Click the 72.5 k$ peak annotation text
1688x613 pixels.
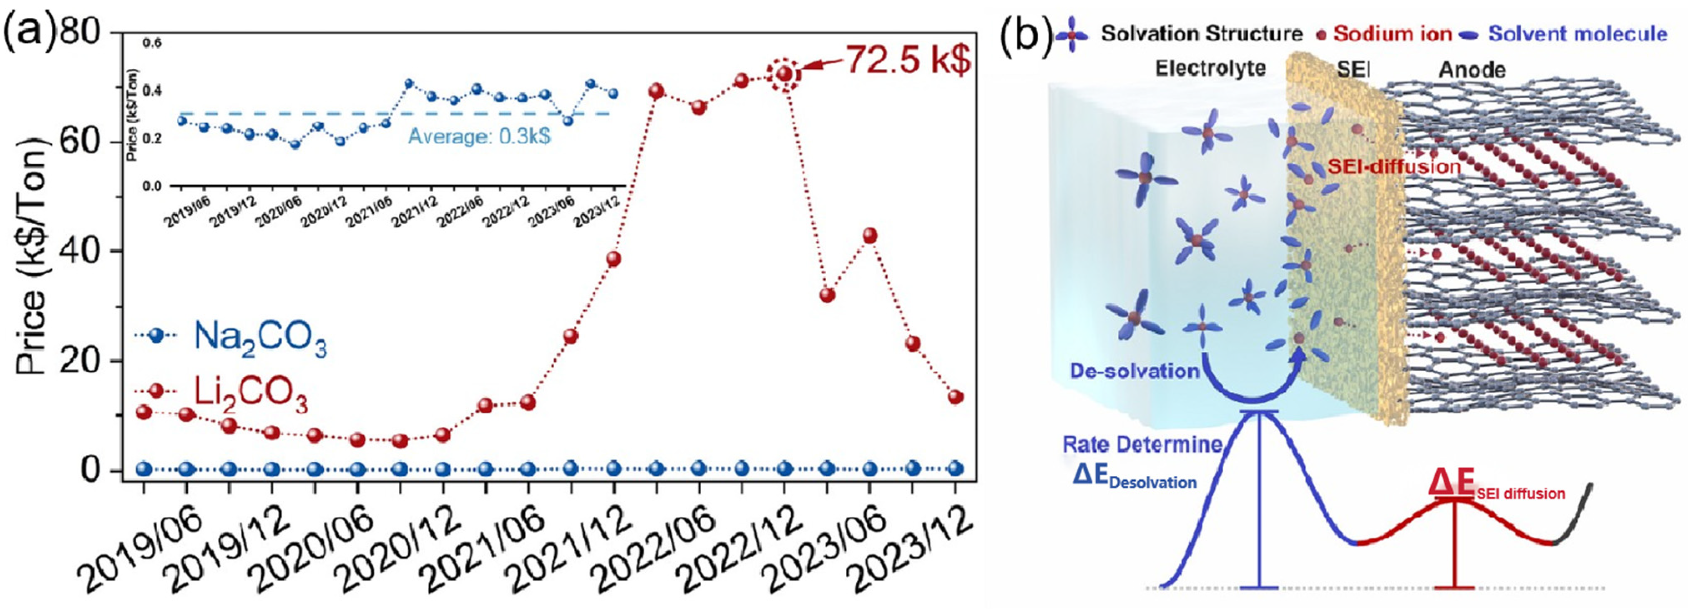908,60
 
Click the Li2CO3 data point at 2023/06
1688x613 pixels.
870,236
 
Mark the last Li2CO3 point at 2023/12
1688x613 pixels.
956,397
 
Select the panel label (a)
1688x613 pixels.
30,34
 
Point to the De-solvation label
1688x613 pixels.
1134,371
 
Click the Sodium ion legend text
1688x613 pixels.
1392,34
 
